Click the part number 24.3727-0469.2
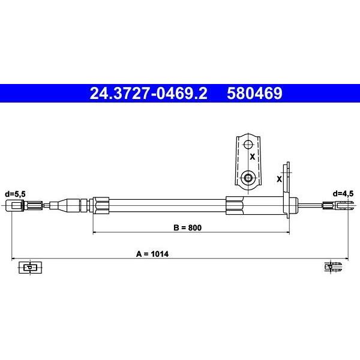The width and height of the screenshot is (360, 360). click(148, 93)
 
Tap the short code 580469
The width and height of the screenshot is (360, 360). click(254, 93)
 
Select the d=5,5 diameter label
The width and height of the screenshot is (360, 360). click(15, 194)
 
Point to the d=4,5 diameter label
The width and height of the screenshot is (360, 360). click(343, 194)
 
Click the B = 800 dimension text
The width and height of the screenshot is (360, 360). click(188, 227)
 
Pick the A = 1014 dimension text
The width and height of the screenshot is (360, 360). click(152, 254)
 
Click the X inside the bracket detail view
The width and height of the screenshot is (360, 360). click(253, 157)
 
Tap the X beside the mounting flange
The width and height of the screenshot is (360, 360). click(279, 179)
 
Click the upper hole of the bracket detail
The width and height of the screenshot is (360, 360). click(248, 145)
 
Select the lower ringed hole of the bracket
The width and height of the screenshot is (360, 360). click(248, 178)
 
